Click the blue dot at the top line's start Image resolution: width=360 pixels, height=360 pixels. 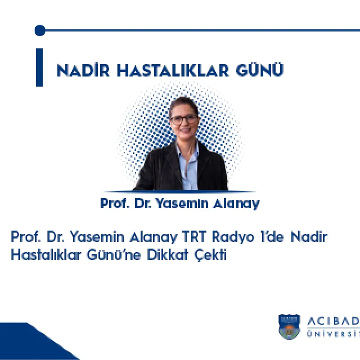coord(39,30)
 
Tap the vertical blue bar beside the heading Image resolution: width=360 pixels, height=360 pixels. coord(39,67)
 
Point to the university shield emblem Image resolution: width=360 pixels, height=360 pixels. coord(289,327)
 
